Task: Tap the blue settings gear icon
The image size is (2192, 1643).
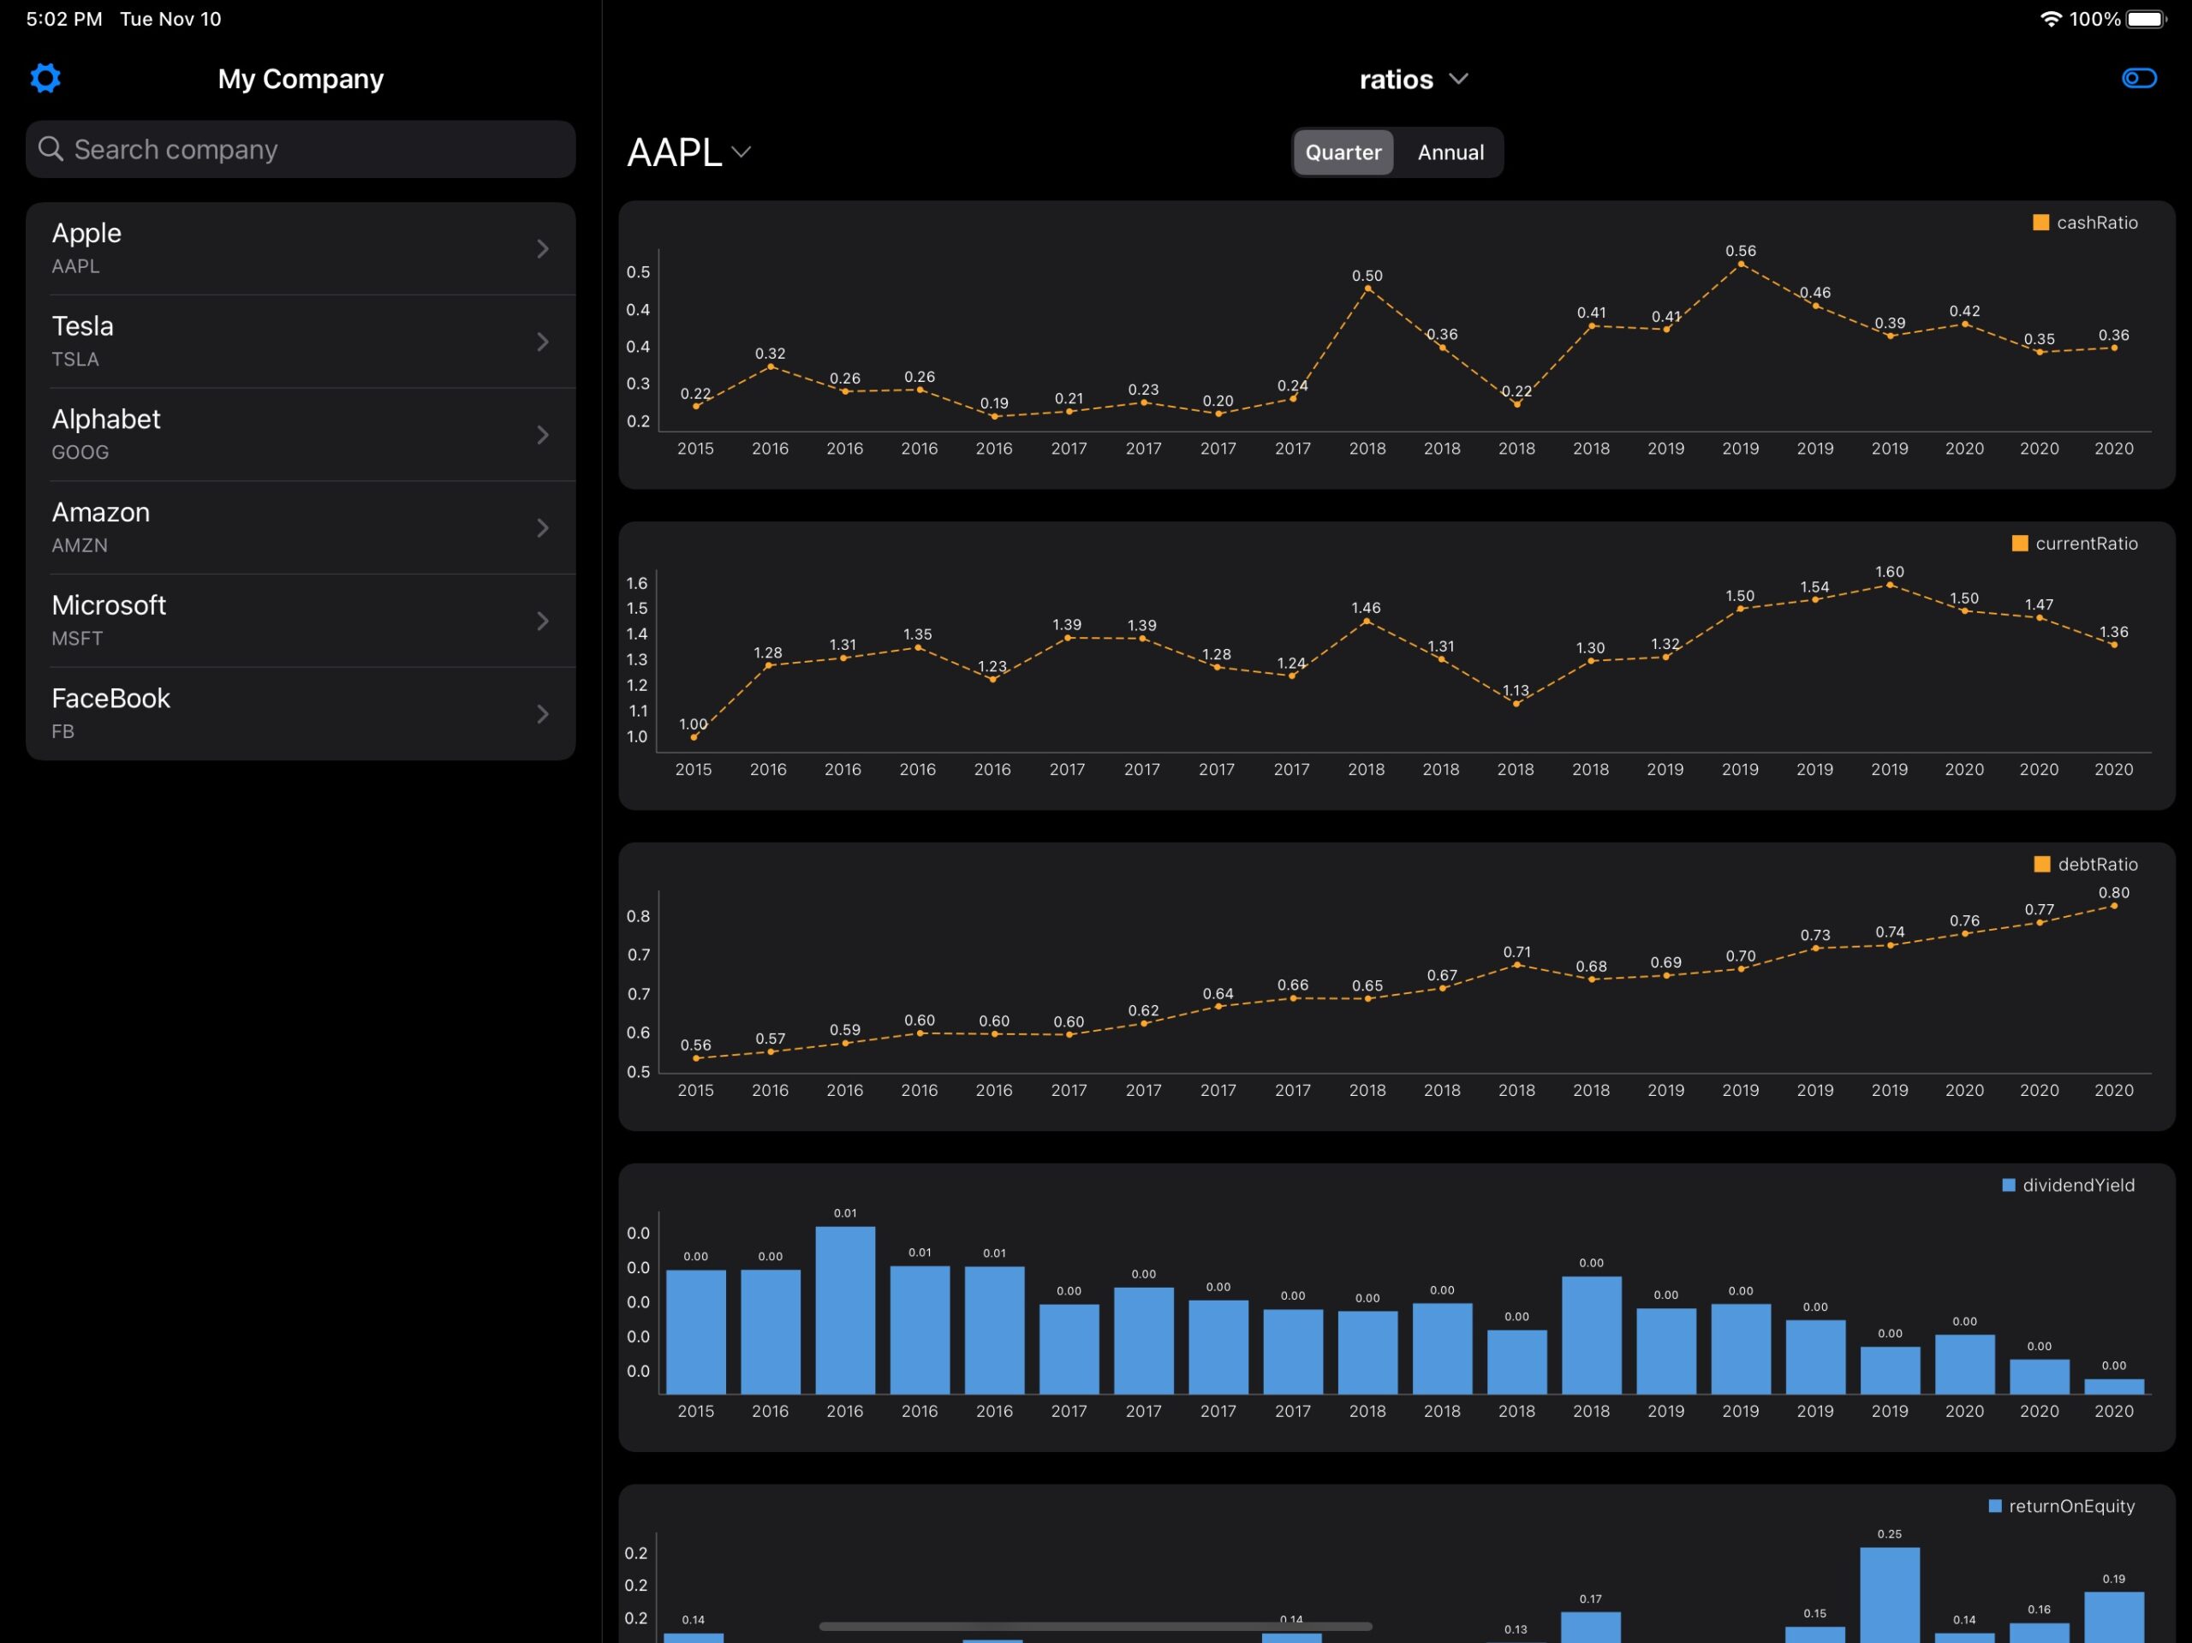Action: (45, 78)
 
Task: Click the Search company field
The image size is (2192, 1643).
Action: (301, 150)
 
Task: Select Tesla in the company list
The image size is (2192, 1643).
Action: (301, 341)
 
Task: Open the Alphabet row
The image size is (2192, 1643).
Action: (301, 434)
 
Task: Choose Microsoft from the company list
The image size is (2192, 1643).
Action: (301, 621)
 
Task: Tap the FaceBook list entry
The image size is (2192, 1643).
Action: (301, 713)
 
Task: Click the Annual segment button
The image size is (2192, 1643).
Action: (1450, 152)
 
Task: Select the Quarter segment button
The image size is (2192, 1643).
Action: (1343, 152)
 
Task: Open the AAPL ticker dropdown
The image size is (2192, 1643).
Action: (688, 152)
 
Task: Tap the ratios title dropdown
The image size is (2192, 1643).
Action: (1413, 80)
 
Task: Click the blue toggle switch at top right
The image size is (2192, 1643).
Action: (2139, 78)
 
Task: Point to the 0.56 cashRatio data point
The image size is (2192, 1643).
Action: (1740, 265)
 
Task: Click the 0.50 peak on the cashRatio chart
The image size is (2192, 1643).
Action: (1367, 289)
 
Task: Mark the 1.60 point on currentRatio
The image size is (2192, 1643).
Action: (1890, 586)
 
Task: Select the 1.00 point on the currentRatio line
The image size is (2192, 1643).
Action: (694, 737)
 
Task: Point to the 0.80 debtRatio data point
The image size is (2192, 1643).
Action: (2114, 906)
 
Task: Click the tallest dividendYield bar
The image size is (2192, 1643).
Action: (845, 1310)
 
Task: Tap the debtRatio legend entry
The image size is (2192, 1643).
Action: (2085, 864)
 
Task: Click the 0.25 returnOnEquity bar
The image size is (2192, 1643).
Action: (1890, 1594)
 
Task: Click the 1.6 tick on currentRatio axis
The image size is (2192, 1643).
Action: (637, 584)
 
